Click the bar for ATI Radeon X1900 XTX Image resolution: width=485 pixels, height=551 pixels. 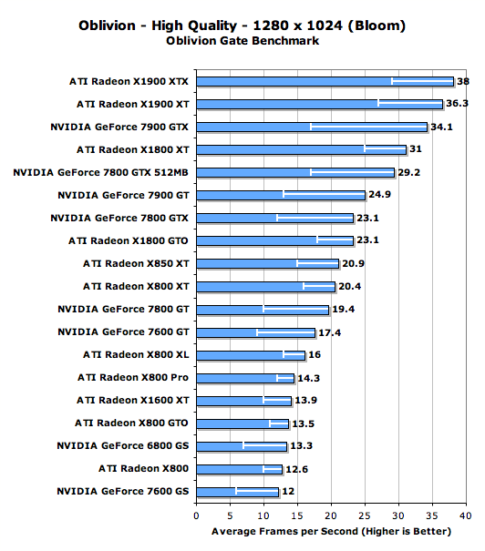325,82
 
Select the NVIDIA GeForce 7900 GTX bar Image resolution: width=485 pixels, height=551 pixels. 312,127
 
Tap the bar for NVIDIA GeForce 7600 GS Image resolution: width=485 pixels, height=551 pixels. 237,492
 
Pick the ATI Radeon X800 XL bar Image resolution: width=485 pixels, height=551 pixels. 251,355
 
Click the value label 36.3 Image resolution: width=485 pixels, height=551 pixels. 457,103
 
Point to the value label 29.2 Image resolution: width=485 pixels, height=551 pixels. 408,172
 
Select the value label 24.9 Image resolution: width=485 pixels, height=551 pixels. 379,194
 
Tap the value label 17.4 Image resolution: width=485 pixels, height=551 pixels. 329,332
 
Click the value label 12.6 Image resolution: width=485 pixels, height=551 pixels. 296,469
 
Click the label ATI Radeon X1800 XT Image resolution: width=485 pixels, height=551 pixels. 133,149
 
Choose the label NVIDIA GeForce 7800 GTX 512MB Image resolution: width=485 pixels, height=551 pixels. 100,172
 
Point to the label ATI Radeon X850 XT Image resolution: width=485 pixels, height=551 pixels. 136,263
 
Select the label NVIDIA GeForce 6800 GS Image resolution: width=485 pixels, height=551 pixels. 123,445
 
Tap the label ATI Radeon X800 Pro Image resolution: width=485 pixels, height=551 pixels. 133,377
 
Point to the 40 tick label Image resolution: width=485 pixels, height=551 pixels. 466,515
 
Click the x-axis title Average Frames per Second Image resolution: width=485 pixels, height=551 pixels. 287,531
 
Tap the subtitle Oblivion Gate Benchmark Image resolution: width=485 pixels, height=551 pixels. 242,41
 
